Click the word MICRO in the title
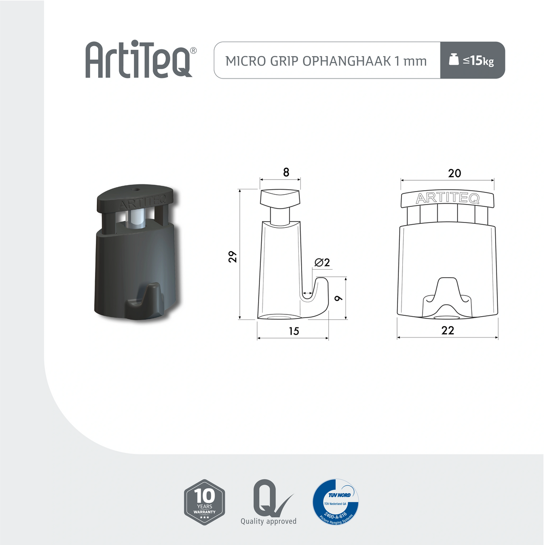[x=246, y=61]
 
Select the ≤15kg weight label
[x=479, y=61]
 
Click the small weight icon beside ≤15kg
[x=453, y=59]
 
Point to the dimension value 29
[x=233, y=257]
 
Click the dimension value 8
[x=286, y=172]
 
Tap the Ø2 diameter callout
[x=322, y=262]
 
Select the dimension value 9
[x=339, y=298]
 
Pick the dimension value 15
[x=294, y=331]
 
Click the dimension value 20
[x=454, y=173]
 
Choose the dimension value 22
[x=448, y=331]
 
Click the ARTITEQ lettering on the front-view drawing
[x=448, y=198]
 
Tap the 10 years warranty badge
[x=204, y=502]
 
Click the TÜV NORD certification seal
[x=335, y=501]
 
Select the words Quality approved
[x=268, y=521]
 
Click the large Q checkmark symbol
[x=269, y=498]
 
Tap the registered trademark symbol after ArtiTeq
[x=193, y=51]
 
